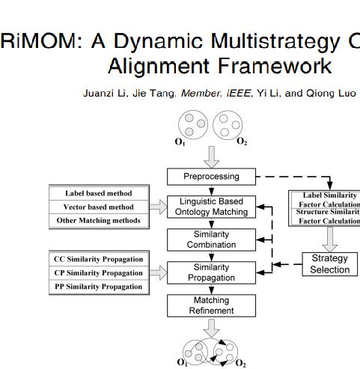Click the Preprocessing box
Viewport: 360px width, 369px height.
[x=211, y=177]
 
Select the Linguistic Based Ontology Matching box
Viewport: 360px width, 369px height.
[x=211, y=207]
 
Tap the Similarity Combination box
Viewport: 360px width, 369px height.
[x=211, y=240]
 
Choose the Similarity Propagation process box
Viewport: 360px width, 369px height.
[x=211, y=272]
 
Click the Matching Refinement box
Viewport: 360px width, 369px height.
[x=211, y=305]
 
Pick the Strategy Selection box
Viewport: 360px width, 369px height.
[x=329, y=263]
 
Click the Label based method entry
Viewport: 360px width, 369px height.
[x=99, y=193]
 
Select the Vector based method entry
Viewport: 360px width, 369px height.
[x=99, y=207]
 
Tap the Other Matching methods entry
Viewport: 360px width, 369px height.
[x=99, y=221]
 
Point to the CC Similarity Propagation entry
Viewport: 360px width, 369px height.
[x=98, y=259]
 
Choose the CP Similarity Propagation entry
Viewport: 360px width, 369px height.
[x=98, y=272]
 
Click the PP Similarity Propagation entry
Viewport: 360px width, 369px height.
[x=98, y=287]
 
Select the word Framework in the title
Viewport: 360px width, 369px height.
[x=278, y=66]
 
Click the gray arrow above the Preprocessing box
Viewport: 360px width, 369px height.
[x=212, y=155]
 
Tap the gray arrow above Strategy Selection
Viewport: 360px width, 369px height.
[x=329, y=238]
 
